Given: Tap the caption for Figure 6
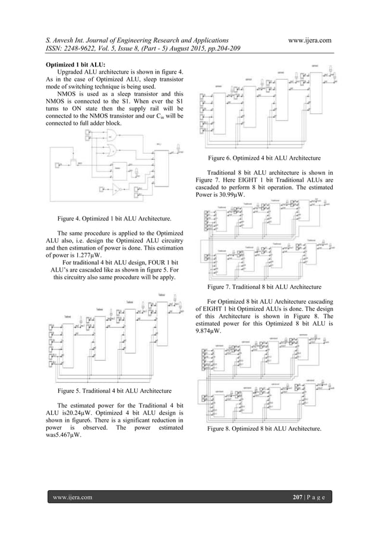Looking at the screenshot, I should pos(264,159).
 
